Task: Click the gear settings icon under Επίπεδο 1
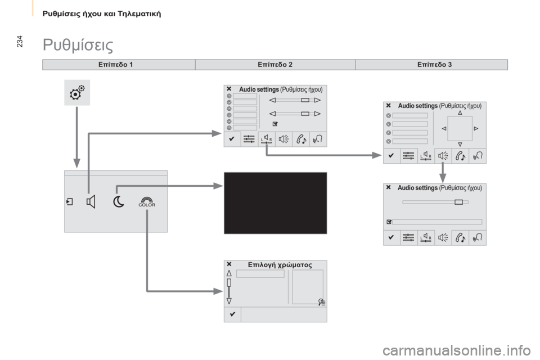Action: click(77, 92)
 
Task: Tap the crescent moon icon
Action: click(119, 202)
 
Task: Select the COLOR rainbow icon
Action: click(147, 202)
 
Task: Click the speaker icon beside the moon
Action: click(91, 202)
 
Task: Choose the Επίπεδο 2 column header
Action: click(275, 65)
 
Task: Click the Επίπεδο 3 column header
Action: click(434, 65)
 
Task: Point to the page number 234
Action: click(20, 41)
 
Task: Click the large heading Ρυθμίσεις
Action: click(78, 45)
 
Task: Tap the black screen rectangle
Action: click(276, 203)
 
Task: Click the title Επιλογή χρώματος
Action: click(280, 265)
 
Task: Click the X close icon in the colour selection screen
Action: click(229, 264)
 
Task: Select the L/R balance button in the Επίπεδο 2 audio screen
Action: click(266, 139)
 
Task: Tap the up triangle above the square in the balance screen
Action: click(460, 112)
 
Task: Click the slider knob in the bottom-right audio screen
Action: click(459, 202)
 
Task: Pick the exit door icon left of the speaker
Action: click(70, 202)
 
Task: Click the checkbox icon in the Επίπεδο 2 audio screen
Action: click(275, 124)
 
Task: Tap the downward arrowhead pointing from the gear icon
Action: click(77, 163)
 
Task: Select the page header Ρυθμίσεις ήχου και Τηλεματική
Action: click(102, 13)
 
